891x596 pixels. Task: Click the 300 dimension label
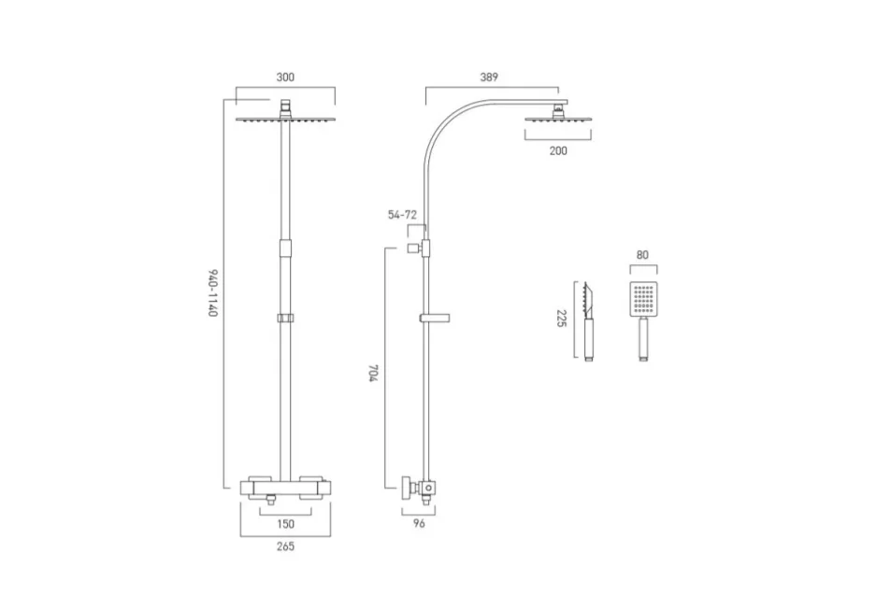(285, 78)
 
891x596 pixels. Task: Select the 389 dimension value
(489, 78)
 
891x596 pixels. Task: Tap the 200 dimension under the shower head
(558, 150)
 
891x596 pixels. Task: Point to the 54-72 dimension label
(403, 215)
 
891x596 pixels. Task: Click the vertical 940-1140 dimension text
(213, 293)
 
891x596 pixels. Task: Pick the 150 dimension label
(285, 524)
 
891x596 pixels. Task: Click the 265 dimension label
(285, 547)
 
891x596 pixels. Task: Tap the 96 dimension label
(419, 524)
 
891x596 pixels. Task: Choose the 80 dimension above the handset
(643, 253)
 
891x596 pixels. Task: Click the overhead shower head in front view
(285, 119)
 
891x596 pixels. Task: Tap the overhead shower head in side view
(558, 119)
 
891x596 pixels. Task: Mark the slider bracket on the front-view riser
(285, 319)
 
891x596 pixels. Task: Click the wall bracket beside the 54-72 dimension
(412, 248)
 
